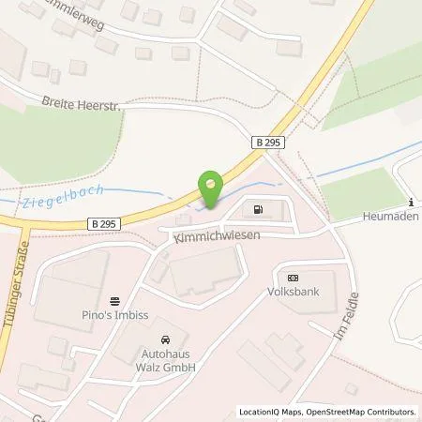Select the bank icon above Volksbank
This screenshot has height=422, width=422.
[x=293, y=278]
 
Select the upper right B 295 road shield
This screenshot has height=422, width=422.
[x=267, y=141]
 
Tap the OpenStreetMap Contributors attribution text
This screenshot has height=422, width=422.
[x=364, y=412]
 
